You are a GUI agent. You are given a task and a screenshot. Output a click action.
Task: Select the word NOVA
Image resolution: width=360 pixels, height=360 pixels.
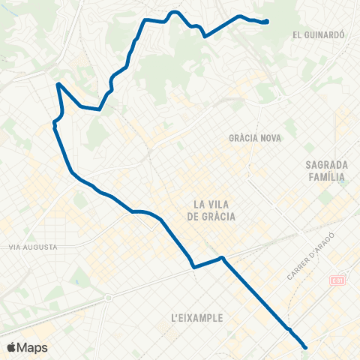(x=271, y=138)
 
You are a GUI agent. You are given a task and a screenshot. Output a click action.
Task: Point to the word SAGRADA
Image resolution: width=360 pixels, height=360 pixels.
(x=325, y=165)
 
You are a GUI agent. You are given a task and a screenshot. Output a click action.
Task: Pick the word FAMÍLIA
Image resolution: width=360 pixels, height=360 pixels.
(x=325, y=178)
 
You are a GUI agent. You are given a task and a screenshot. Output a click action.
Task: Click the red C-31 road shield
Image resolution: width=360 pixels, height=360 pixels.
(x=337, y=280)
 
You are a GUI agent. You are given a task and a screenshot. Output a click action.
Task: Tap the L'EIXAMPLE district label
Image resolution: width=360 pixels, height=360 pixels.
(x=197, y=318)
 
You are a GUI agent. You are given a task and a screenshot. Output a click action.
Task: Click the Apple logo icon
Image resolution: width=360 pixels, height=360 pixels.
(x=12, y=347)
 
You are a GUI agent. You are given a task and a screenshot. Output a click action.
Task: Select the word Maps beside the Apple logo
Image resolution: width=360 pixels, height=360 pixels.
(x=33, y=347)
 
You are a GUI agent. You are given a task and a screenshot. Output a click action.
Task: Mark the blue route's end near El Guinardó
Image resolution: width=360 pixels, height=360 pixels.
(x=267, y=22)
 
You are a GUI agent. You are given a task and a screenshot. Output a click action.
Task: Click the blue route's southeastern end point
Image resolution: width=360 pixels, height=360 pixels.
(x=306, y=346)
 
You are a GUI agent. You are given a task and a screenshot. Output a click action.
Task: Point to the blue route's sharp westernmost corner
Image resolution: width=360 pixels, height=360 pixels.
(x=58, y=83)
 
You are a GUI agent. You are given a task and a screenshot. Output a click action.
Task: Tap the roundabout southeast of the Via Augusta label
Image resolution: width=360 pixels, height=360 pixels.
(x=109, y=298)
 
